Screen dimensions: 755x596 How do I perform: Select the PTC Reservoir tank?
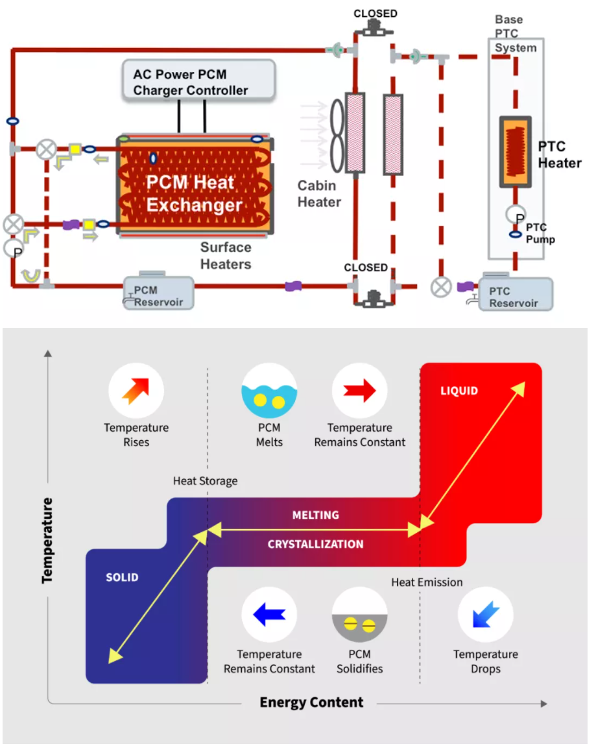pyautogui.click(x=515, y=293)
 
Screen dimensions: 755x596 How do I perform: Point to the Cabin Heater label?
pyautogui.click(x=319, y=193)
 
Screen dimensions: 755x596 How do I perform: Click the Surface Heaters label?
pyautogui.click(x=225, y=255)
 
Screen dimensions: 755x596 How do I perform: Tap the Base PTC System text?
pyautogui.click(x=516, y=34)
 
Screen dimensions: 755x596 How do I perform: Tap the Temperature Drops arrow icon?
pyautogui.click(x=485, y=615)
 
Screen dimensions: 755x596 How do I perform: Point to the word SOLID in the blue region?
pyautogui.click(x=122, y=577)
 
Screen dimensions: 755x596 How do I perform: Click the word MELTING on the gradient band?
pyautogui.click(x=315, y=515)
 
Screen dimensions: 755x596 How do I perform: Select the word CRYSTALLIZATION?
pyautogui.click(x=315, y=544)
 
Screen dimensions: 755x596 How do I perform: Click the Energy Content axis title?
pyautogui.click(x=311, y=702)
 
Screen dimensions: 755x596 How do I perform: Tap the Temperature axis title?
pyautogui.click(x=47, y=540)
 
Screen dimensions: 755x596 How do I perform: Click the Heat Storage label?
pyautogui.click(x=205, y=481)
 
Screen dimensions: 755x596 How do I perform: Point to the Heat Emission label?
pyautogui.click(x=427, y=582)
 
